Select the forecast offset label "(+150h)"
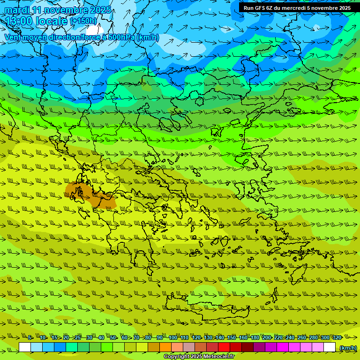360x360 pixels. pos(84,21)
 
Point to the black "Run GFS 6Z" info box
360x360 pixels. pos(297,7)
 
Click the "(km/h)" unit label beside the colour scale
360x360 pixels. pos(348,348)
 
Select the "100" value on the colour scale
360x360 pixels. pos(172,337)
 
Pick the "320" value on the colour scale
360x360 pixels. pos(337,337)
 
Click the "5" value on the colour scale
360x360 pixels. pos(30,337)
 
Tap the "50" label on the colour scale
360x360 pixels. pos(113,337)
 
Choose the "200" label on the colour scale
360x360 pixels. pos(266,337)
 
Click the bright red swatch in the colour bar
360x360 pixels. pos(224,347)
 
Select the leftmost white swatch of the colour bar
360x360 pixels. pos(25,347)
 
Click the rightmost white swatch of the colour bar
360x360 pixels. pos(330,347)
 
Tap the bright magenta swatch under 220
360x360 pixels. pos(283,347)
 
